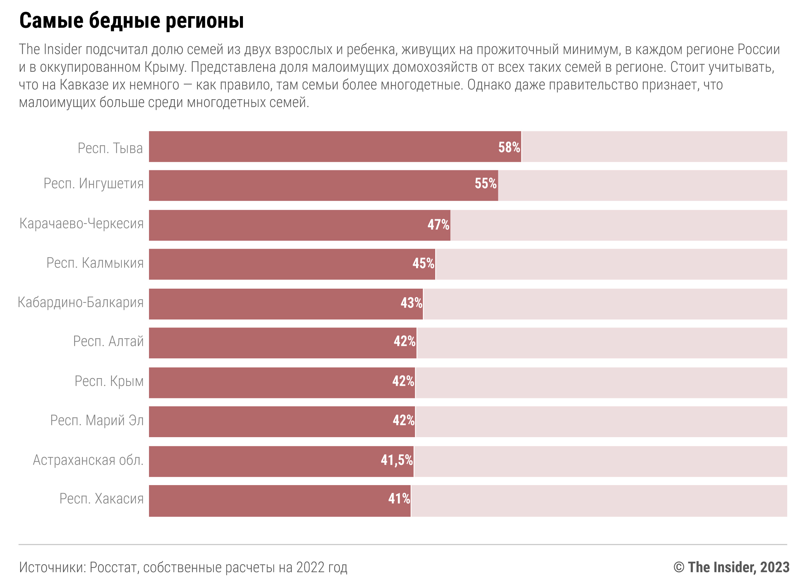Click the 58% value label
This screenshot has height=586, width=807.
pyautogui.click(x=509, y=147)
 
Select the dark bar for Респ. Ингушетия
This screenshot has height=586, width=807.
pyautogui.click(x=323, y=186)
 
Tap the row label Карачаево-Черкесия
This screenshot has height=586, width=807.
pyautogui.click(x=82, y=223)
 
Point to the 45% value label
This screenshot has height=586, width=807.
pyautogui.click(x=423, y=263)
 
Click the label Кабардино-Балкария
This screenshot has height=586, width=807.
pyautogui.click(x=81, y=302)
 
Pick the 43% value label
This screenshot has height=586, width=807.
pyautogui.click(x=411, y=303)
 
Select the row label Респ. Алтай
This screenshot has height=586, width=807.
pyautogui.click(x=108, y=341)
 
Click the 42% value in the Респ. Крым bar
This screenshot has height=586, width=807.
pyautogui.click(x=403, y=381)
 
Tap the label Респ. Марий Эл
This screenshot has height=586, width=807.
pyautogui.click(x=97, y=420)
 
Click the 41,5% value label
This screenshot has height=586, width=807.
pyautogui.click(x=397, y=460)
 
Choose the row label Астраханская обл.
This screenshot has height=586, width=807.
pyautogui.click(x=88, y=460)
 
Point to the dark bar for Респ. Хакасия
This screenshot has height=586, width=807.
pyautogui.click(x=280, y=501)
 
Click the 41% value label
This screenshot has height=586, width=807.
pyautogui.click(x=399, y=499)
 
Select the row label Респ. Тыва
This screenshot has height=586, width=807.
pyautogui.click(x=110, y=148)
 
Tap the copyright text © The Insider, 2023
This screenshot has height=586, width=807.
pyautogui.click(x=731, y=567)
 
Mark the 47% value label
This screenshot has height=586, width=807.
pyautogui.click(x=438, y=225)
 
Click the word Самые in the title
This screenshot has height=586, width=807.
pyautogui.click(x=51, y=21)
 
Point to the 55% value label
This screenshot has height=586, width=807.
pyautogui.click(x=485, y=183)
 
